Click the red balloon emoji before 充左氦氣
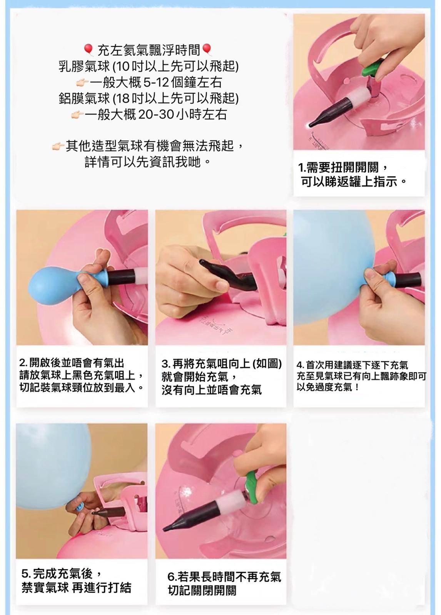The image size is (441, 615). [x=88, y=50]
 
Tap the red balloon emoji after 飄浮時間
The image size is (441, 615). [x=206, y=50]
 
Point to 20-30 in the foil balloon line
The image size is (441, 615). [x=155, y=114]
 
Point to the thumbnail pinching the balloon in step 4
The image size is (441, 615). [x=370, y=273]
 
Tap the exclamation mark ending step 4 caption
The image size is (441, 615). [x=357, y=387]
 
